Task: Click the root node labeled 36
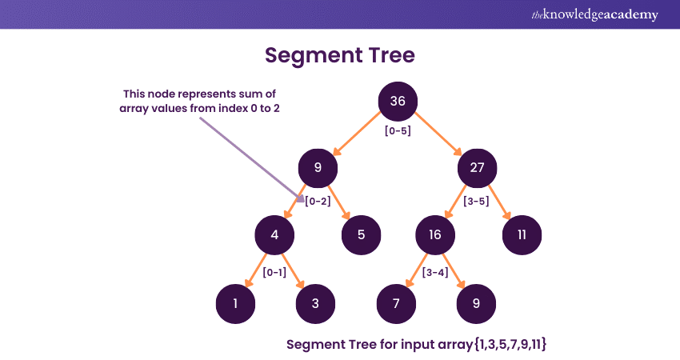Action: point(398,101)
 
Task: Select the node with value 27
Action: point(478,168)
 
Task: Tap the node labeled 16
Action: point(435,235)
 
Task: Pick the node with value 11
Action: point(522,235)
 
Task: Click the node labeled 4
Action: point(274,235)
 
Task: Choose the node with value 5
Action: point(362,235)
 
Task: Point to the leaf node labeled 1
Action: point(235,303)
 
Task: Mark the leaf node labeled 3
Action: point(316,303)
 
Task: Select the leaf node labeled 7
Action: point(397,303)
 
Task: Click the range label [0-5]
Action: point(398,130)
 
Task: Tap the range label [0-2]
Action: point(317,201)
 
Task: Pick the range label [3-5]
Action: point(478,201)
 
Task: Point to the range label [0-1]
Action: point(274,272)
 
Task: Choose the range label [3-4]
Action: point(435,272)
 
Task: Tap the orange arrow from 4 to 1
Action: point(254,269)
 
